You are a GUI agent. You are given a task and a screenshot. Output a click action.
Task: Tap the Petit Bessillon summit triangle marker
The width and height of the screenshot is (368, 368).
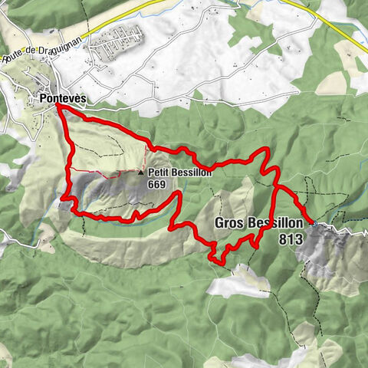click(x=140, y=173)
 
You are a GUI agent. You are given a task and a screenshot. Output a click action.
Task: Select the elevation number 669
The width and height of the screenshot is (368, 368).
click(x=157, y=184)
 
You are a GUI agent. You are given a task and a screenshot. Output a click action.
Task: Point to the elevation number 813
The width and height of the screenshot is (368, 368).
click(x=292, y=239)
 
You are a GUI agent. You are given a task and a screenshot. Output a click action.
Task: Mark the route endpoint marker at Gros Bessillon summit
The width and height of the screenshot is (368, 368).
click(x=314, y=223)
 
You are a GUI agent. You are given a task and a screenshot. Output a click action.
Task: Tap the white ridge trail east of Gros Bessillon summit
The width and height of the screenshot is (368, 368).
click(x=345, y=228)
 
